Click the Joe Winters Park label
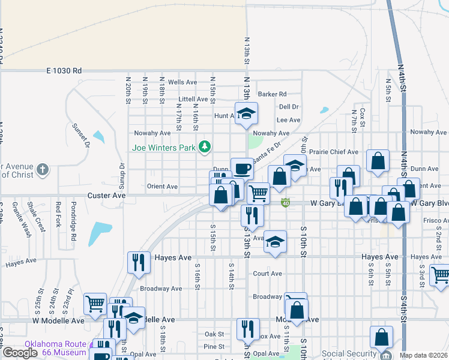[x=165, y=146]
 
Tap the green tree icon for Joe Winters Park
[x=205, y=146]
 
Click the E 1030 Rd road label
[x=64, y=71]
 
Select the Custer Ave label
[x=106, y=196]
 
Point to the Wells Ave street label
[x=182, y=82]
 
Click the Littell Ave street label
[x=193, y=99]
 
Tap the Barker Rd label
[x=272, y=94]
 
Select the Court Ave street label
[x=268, y=274]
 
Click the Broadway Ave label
[x=161, y=289]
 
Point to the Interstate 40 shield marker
[x=286, y=203]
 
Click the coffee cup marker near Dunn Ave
[x=242, y=168]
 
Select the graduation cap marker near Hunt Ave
[x=246, y=113]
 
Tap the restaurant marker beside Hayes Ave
[x=139, y=261]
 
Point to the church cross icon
[x=42, y=170]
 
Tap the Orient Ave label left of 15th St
[x=162, y=187]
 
